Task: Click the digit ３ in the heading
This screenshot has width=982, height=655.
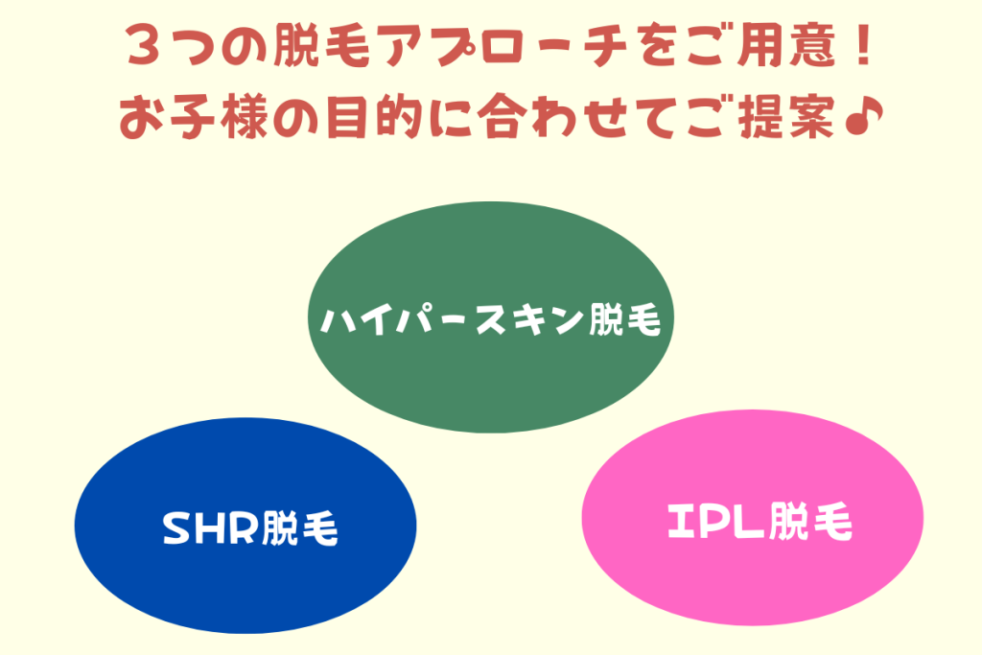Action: pos(144,46)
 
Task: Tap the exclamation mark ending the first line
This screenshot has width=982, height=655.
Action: pos(864,44)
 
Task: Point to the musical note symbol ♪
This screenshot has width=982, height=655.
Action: pos(864,116)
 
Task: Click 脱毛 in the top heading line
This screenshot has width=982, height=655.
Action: pos(321,45)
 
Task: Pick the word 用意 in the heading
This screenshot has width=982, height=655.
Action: pos(786,45)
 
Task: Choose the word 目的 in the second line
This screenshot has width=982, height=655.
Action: pos(375,117)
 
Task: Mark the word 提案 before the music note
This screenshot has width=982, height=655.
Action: pos(786,117)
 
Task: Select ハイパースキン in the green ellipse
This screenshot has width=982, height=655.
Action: pos(452,319)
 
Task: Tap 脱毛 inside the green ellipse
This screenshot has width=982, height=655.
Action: pos(624,319)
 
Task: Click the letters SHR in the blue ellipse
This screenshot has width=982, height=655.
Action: pos(210,527)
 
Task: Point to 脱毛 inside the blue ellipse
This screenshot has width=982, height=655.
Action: pos(299,527)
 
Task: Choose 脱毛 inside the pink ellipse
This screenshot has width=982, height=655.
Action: pos(809,521)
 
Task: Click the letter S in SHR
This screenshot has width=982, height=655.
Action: pos(176,527)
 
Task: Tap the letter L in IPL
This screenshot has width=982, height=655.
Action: pos(750,521)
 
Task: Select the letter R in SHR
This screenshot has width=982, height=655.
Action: pos(243,527)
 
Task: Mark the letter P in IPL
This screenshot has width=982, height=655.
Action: pos(715,521)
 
